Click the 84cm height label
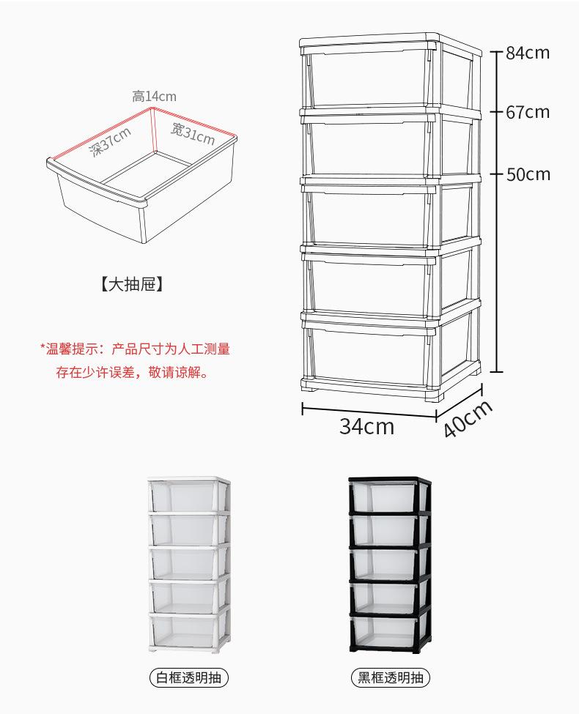pos(528,53)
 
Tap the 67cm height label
pos(528,112)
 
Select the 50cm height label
pos(528,174)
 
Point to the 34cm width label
pos(366,426)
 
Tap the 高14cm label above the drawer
pos(154,96)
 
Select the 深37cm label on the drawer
pos(110,142)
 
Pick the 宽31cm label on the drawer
pos(193,134)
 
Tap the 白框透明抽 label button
pos(188,677)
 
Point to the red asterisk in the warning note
pos(43,349)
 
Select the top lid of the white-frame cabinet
pos(188,480)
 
